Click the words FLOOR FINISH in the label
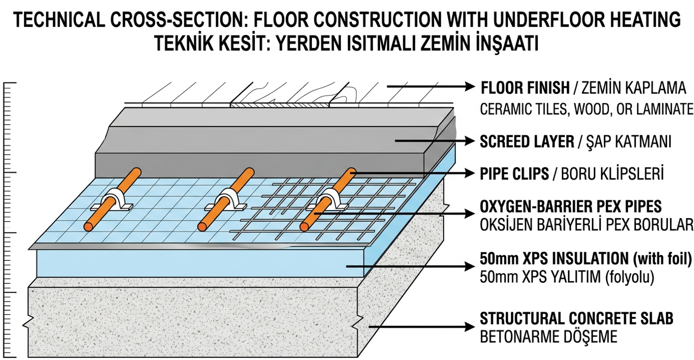coord(525,88)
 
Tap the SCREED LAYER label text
coord(527,142)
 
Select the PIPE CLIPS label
coord(514,174)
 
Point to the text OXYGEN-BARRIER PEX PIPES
coord(571,206)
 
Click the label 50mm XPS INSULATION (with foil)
coord(586,259)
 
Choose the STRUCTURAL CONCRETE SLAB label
coord(576,318)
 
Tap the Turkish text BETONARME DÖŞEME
coord(548,336)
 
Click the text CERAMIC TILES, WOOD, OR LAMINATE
coord(587,109)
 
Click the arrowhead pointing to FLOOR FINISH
coord(470,86)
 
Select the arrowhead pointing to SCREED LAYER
coord(470,141)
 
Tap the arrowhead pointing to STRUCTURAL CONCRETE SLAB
coord(470,326)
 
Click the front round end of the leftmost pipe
coord(89,227)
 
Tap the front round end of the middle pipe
coord(203,227)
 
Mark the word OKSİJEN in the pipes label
coord(504,225)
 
